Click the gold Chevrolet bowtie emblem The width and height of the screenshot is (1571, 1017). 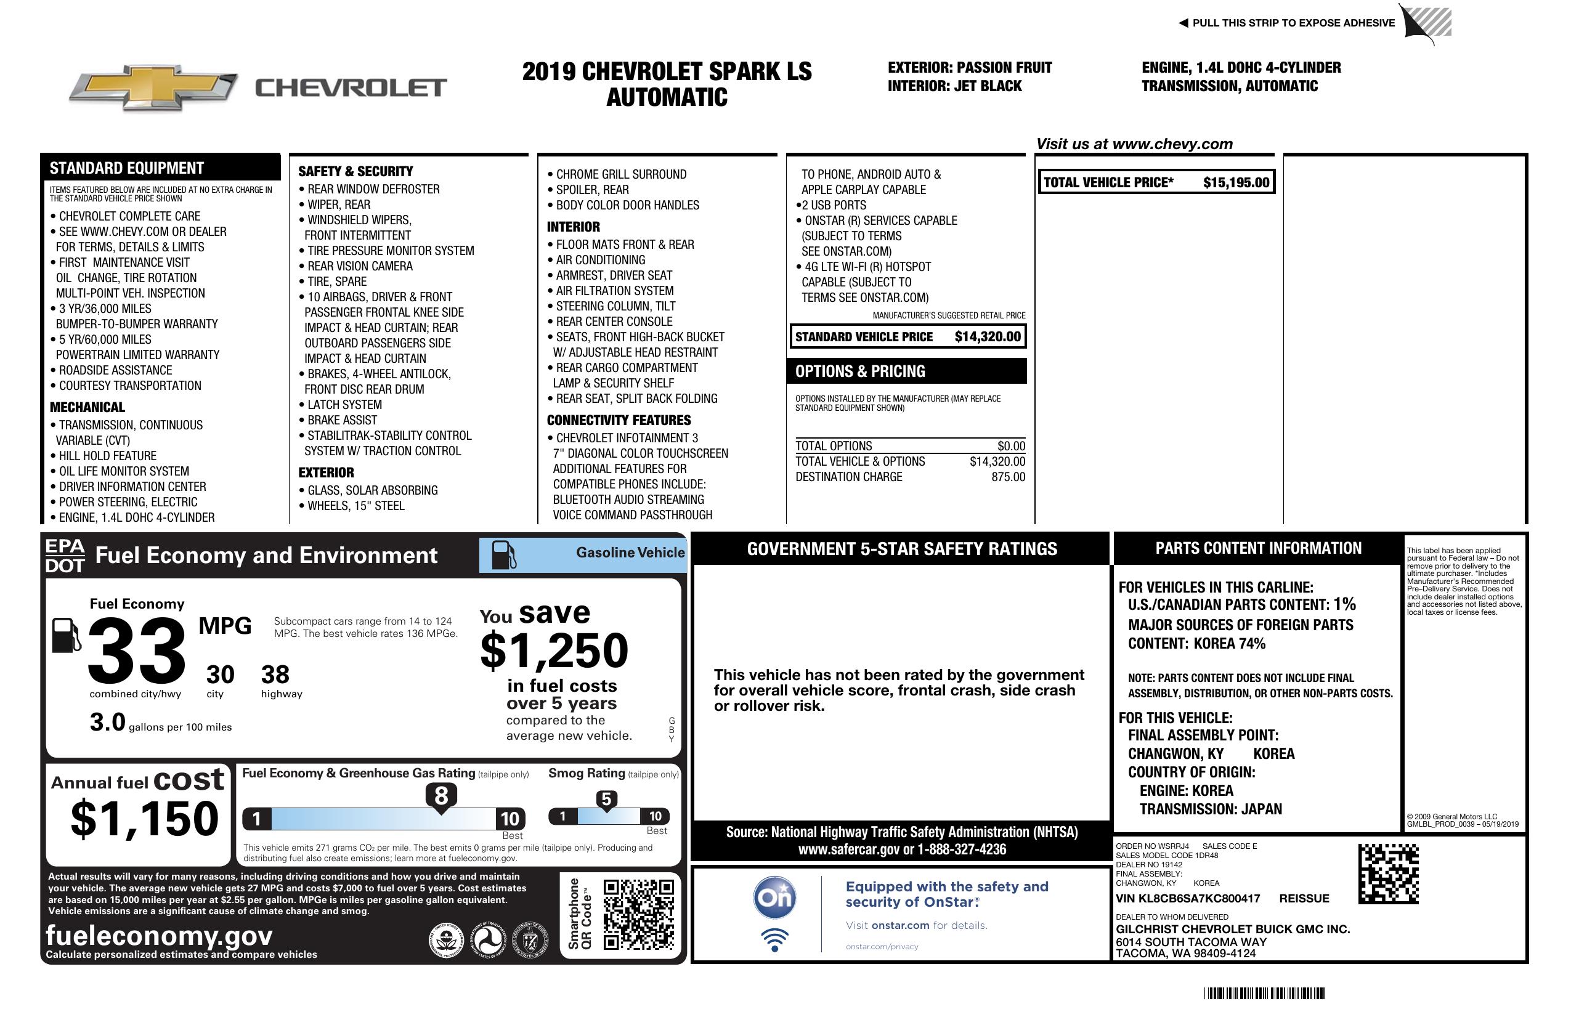[x=153, y=87]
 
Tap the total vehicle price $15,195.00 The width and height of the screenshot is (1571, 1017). [x=1236, y=183]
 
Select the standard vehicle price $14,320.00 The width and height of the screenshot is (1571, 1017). [x=988, y=336]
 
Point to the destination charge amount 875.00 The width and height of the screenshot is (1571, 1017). [x=1008, y=477]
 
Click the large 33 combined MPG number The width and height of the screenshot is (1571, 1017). [x=137, y=651]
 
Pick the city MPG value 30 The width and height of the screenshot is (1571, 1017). [x=220, y=675]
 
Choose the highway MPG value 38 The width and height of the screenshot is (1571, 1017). [x=275, y=675]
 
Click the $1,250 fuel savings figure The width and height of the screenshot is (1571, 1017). [x=554, y=651]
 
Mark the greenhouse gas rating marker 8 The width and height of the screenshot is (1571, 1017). [x=441, y=796]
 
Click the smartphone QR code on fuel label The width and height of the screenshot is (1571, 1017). [x=638, y=914]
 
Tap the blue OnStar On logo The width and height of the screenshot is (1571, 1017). [x=774, y=897]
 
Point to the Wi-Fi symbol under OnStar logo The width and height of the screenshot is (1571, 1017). [x=774, y=939]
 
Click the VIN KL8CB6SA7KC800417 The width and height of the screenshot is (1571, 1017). [x=1188, y=899]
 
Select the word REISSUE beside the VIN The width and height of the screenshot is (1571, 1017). [x=1304, y=899]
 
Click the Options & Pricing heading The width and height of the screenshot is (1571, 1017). [x=859, y=371]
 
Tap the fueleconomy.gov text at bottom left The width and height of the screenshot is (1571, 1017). [x=159, y=936]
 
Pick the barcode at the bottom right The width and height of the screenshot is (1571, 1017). [x=1264, y=993]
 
